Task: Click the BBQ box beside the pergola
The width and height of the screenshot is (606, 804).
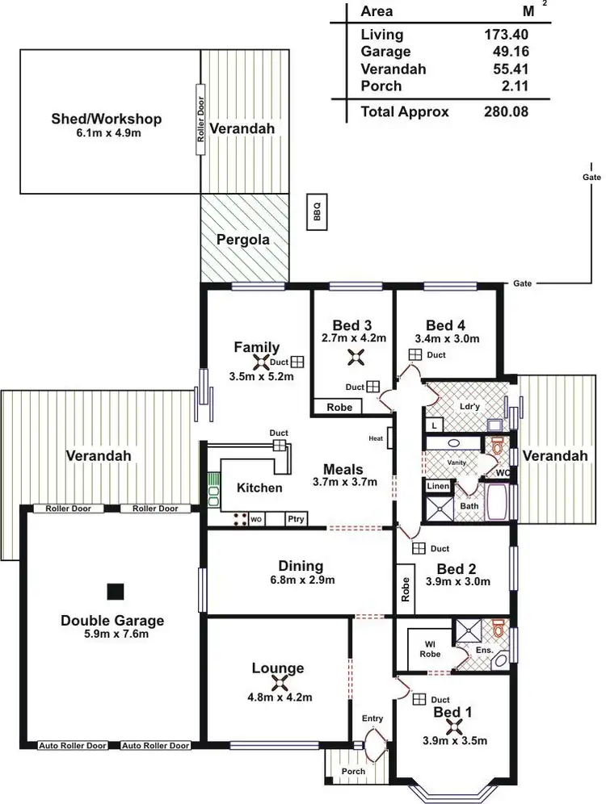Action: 318,212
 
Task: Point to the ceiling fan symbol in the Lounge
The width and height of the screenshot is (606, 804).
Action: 277,684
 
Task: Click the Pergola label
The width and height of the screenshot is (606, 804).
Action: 243,240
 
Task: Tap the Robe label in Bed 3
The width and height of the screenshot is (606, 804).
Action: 339,408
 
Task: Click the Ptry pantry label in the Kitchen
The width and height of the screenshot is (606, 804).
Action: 296,519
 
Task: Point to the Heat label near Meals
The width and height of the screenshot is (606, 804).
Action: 375,438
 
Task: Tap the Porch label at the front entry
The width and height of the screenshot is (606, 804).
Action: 353,771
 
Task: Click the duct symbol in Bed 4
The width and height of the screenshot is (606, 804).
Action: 415,355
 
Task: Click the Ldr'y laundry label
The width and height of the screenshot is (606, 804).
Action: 469,406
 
